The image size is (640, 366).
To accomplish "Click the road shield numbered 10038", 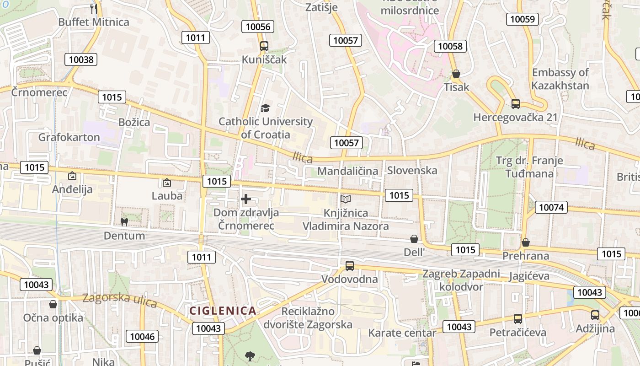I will [81, 59].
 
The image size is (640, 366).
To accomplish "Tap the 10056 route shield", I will [258, 27].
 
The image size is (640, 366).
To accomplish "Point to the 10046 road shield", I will [142, 337].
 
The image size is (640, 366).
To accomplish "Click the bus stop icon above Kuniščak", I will [264, 46].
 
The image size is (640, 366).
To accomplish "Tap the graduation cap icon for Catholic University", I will [265, 108].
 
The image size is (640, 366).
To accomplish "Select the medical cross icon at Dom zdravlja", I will [246, 199].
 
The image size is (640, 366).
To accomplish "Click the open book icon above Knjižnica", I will [346, 199].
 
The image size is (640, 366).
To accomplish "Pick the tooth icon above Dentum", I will [123, 222].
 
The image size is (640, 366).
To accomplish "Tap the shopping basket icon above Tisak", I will [456, 74].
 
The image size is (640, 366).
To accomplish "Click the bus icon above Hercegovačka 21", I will [515, 104].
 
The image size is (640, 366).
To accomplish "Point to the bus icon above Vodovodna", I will [349, 265].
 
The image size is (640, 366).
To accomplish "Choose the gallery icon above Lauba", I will [167, 183].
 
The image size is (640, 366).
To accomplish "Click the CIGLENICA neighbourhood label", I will [223, 311].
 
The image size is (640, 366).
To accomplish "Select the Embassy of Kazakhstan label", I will [560, 79].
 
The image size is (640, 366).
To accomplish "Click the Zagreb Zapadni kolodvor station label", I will [461, 280].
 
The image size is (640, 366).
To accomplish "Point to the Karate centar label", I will [402, 333].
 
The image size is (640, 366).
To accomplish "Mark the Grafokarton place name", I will [69, 137].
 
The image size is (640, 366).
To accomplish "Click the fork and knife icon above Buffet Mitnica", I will [94, 8].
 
